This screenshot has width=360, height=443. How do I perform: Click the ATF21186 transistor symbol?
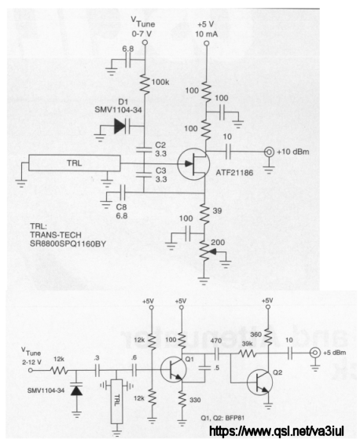click(193, 164)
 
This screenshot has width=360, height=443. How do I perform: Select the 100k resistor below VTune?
click(145, 85)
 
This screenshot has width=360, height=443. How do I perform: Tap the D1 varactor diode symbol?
click(122, 126)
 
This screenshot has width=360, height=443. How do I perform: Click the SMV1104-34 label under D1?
click(118, 110)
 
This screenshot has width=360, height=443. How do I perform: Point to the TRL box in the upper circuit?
click(75, 163)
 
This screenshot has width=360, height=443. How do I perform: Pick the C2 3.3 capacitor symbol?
click(144, 150)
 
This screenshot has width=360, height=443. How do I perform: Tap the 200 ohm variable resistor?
click(204, 251)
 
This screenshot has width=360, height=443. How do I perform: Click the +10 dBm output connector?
click(269, 152)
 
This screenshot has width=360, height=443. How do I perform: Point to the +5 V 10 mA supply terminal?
click(207, 43)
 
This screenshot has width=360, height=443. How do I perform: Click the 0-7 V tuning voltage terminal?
click(145, 42)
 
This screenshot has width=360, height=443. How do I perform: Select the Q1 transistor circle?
click(174, 369)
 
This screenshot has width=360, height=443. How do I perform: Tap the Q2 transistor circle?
click(260, 382)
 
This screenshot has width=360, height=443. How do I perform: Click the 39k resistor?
click(247, 353)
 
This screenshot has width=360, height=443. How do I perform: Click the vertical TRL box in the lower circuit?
click(116, 401)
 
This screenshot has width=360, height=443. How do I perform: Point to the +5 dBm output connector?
click(314, 353)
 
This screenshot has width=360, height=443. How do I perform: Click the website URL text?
click(277, 432)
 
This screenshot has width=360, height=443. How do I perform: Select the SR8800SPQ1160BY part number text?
click(68, 243)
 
